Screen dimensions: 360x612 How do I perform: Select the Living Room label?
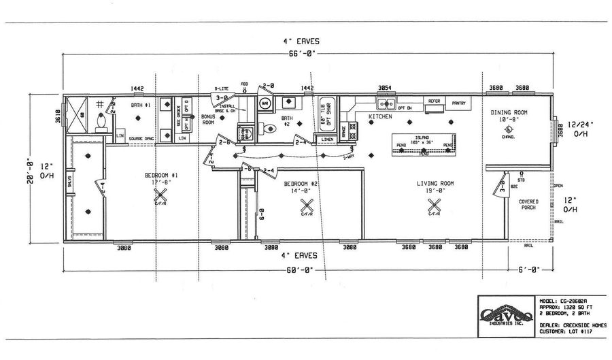[x=435, y=183]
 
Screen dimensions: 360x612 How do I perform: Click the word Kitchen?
[x=379, y=116]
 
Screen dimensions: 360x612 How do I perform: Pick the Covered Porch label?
[x=528, y=204]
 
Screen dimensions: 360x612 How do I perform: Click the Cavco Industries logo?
[x=504, y=315]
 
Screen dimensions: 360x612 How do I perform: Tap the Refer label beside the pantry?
[x=433, y=101]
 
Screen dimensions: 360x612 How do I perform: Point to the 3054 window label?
[x=386, y=88]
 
